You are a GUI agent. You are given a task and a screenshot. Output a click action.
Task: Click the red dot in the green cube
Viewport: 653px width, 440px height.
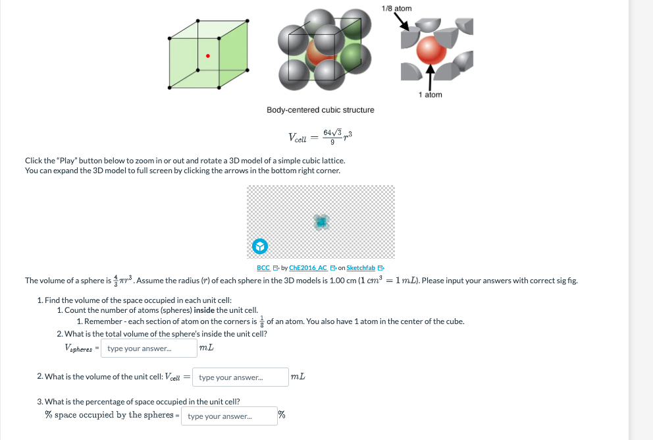click(208, 56)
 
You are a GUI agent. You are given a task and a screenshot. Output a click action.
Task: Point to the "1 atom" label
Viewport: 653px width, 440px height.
click(430, 95)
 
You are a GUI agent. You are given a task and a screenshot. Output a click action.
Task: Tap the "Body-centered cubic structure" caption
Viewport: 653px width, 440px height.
click(320, 110)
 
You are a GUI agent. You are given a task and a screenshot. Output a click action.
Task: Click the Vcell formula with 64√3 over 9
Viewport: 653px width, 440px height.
click(321, 137)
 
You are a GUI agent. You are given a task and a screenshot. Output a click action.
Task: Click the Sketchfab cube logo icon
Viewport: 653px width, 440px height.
click(260, 246)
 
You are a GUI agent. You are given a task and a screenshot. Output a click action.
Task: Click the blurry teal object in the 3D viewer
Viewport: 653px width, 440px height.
click(321, 222)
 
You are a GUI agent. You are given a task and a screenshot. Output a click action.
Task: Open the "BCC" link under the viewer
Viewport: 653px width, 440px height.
click(263, 268)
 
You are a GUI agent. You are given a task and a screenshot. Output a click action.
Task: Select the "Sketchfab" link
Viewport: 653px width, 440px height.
click(361, 268)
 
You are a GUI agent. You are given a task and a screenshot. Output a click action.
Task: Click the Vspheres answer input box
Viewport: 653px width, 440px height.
click(149, 348)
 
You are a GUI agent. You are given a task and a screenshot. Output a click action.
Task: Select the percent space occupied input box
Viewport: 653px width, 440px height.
click(228, 416)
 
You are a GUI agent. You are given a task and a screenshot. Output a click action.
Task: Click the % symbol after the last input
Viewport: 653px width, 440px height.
click(281, 415)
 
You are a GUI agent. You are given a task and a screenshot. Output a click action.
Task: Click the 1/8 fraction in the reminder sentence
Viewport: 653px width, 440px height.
click(261, 321)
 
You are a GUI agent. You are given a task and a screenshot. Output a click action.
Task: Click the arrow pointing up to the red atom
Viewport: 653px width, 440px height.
click(430, 76)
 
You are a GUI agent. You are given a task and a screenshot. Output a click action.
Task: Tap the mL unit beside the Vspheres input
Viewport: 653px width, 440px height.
click(206, 348)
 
